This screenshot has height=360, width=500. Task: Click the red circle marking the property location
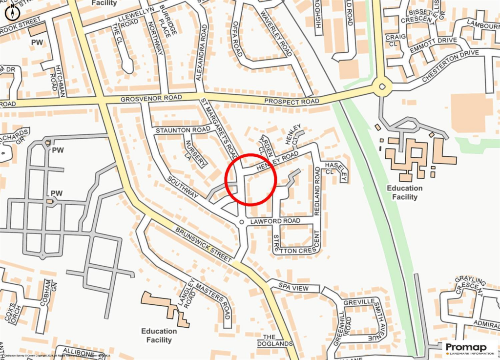(x=251, y=179)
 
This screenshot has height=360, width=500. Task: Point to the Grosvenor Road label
(x=144, y=99)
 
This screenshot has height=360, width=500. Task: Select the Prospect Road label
(x=292, y=101)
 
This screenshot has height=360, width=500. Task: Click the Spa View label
(x=293, y=288)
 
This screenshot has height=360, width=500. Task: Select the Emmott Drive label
(x=433, y=42)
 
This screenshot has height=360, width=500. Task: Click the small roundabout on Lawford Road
(x=241, y=223)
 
